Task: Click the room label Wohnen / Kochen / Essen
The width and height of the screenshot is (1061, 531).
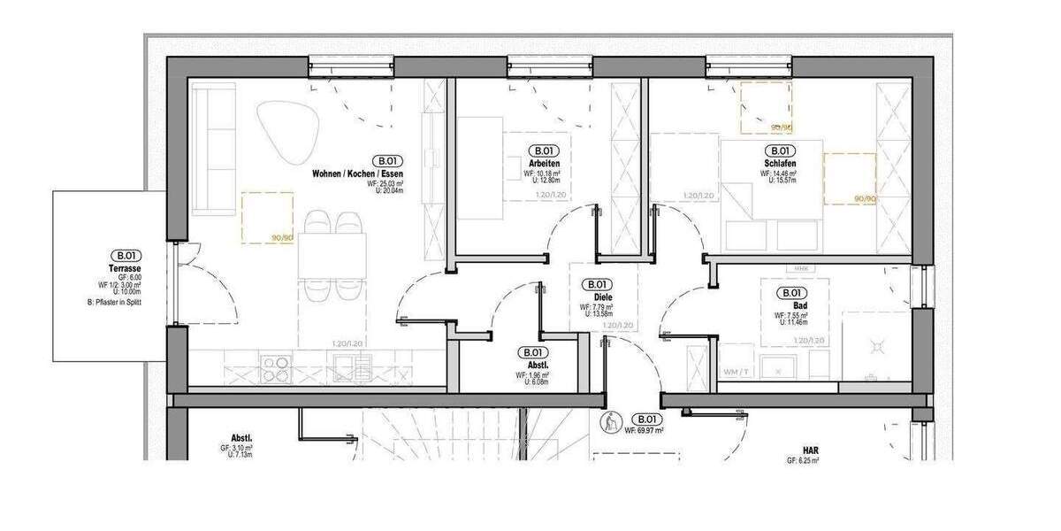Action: pyautogui.click(x=357, y=174)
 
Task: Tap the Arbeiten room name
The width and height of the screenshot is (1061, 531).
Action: pyautogui.click(x=542, y=165)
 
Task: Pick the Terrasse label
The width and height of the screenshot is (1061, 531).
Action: pyautogui.click(x=126, y=267)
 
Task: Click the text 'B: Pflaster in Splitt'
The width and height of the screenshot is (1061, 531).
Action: pyautogui.click(x=115, y=302)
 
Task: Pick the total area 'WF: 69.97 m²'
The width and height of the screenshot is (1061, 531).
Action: pyautogui.click(x=644, y=431)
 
